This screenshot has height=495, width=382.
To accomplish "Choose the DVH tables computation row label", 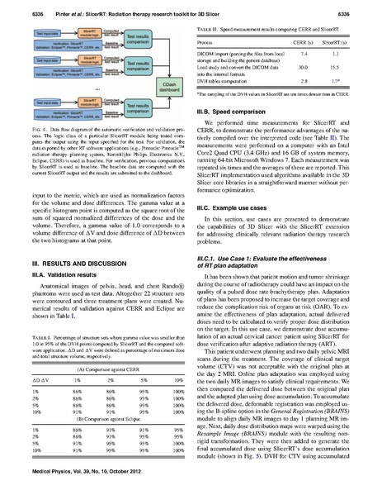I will click(x=233, y=83).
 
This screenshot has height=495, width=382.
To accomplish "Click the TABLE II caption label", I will click(x=214, y=27).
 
